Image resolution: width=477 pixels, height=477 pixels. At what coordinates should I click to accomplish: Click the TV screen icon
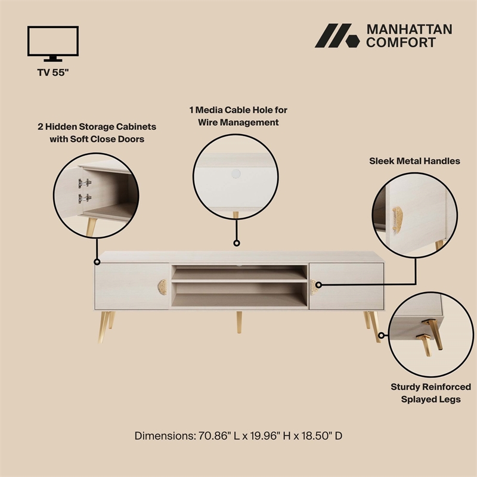53,42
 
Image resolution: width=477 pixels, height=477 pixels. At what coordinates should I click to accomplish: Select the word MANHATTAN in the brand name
409,29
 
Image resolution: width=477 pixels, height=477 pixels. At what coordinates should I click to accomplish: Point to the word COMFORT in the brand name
401,42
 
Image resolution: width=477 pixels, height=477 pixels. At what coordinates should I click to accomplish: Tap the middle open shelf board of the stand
240,281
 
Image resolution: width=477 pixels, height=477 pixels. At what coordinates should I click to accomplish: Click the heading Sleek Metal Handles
414,161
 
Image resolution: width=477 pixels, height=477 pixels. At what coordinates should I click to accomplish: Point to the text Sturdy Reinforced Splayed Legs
430,393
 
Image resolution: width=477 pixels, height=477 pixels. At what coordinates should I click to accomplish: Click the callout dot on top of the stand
236,243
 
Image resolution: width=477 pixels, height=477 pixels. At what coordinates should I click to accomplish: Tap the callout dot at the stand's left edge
96,261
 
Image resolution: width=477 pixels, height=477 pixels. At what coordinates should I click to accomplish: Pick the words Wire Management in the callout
234,122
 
